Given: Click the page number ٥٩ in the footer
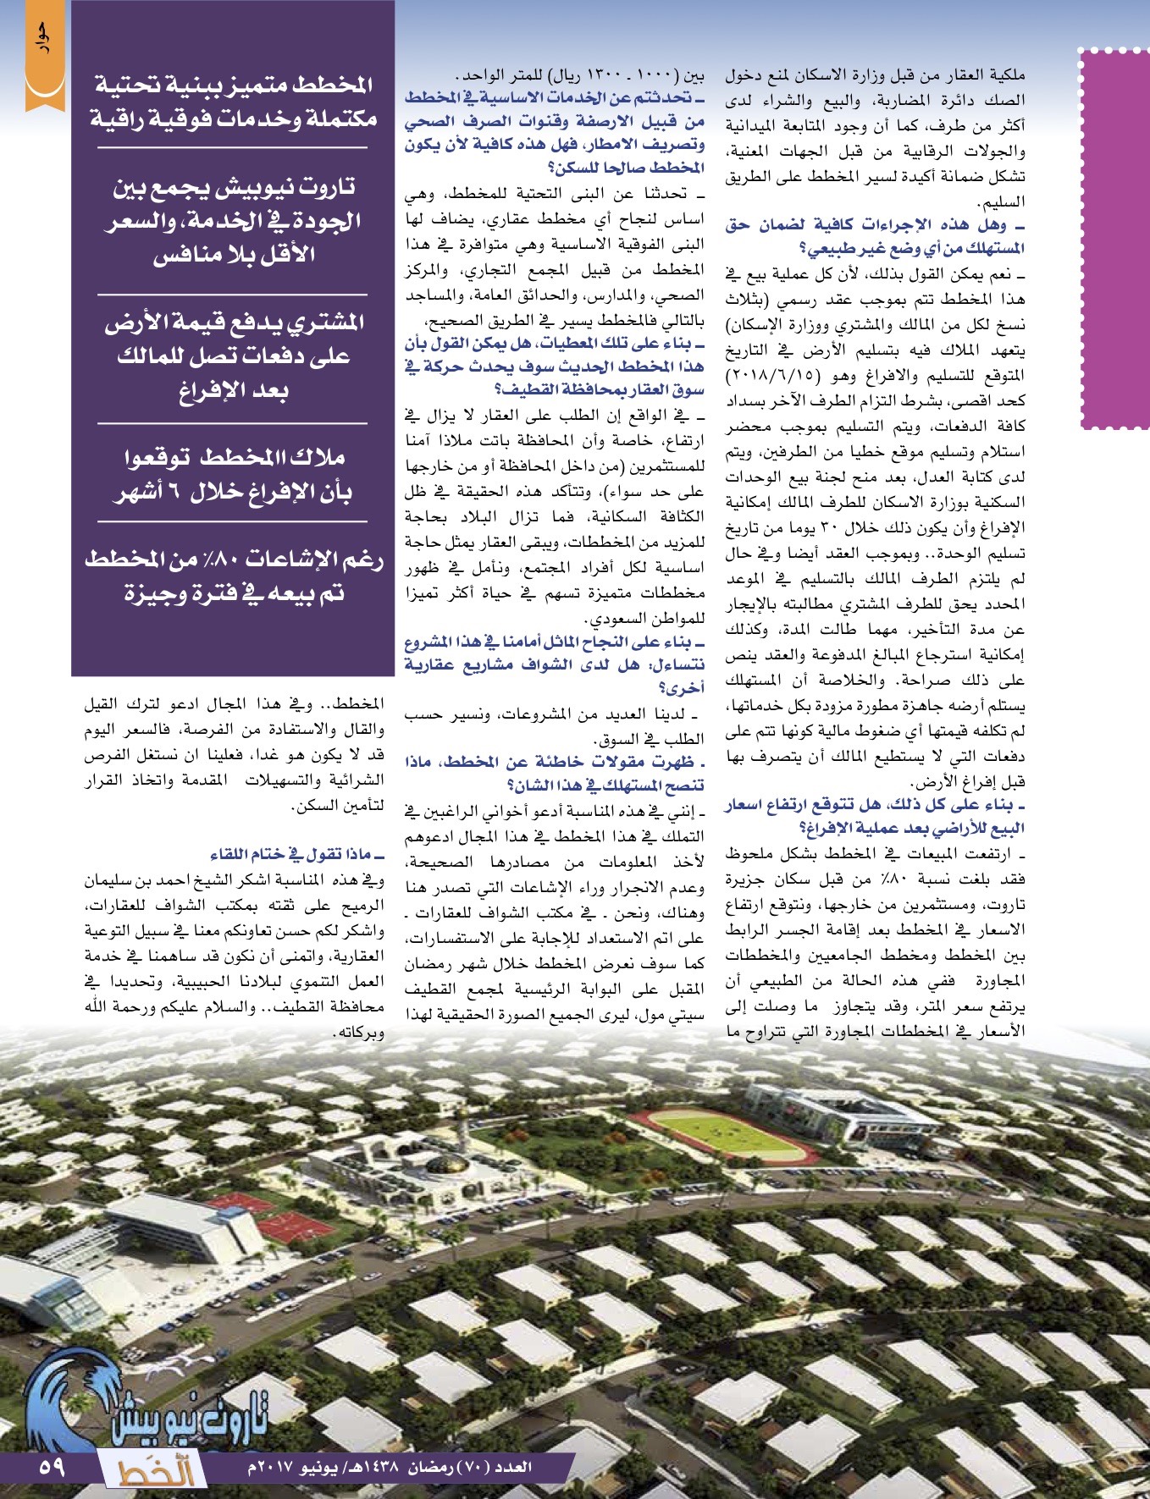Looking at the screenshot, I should click(x=52, y=1465).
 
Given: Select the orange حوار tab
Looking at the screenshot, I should click(x=45, y=56).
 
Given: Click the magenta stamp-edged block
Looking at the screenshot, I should click(x=1114, y=237).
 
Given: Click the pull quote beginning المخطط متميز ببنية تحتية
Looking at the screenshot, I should click(x=233, y=102).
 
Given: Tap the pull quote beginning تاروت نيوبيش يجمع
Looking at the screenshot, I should click(x=233, y=220).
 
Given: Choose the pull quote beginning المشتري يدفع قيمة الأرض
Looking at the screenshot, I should click(x=233, y=355).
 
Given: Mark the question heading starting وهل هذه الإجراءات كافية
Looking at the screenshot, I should click(x=876, y=236).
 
